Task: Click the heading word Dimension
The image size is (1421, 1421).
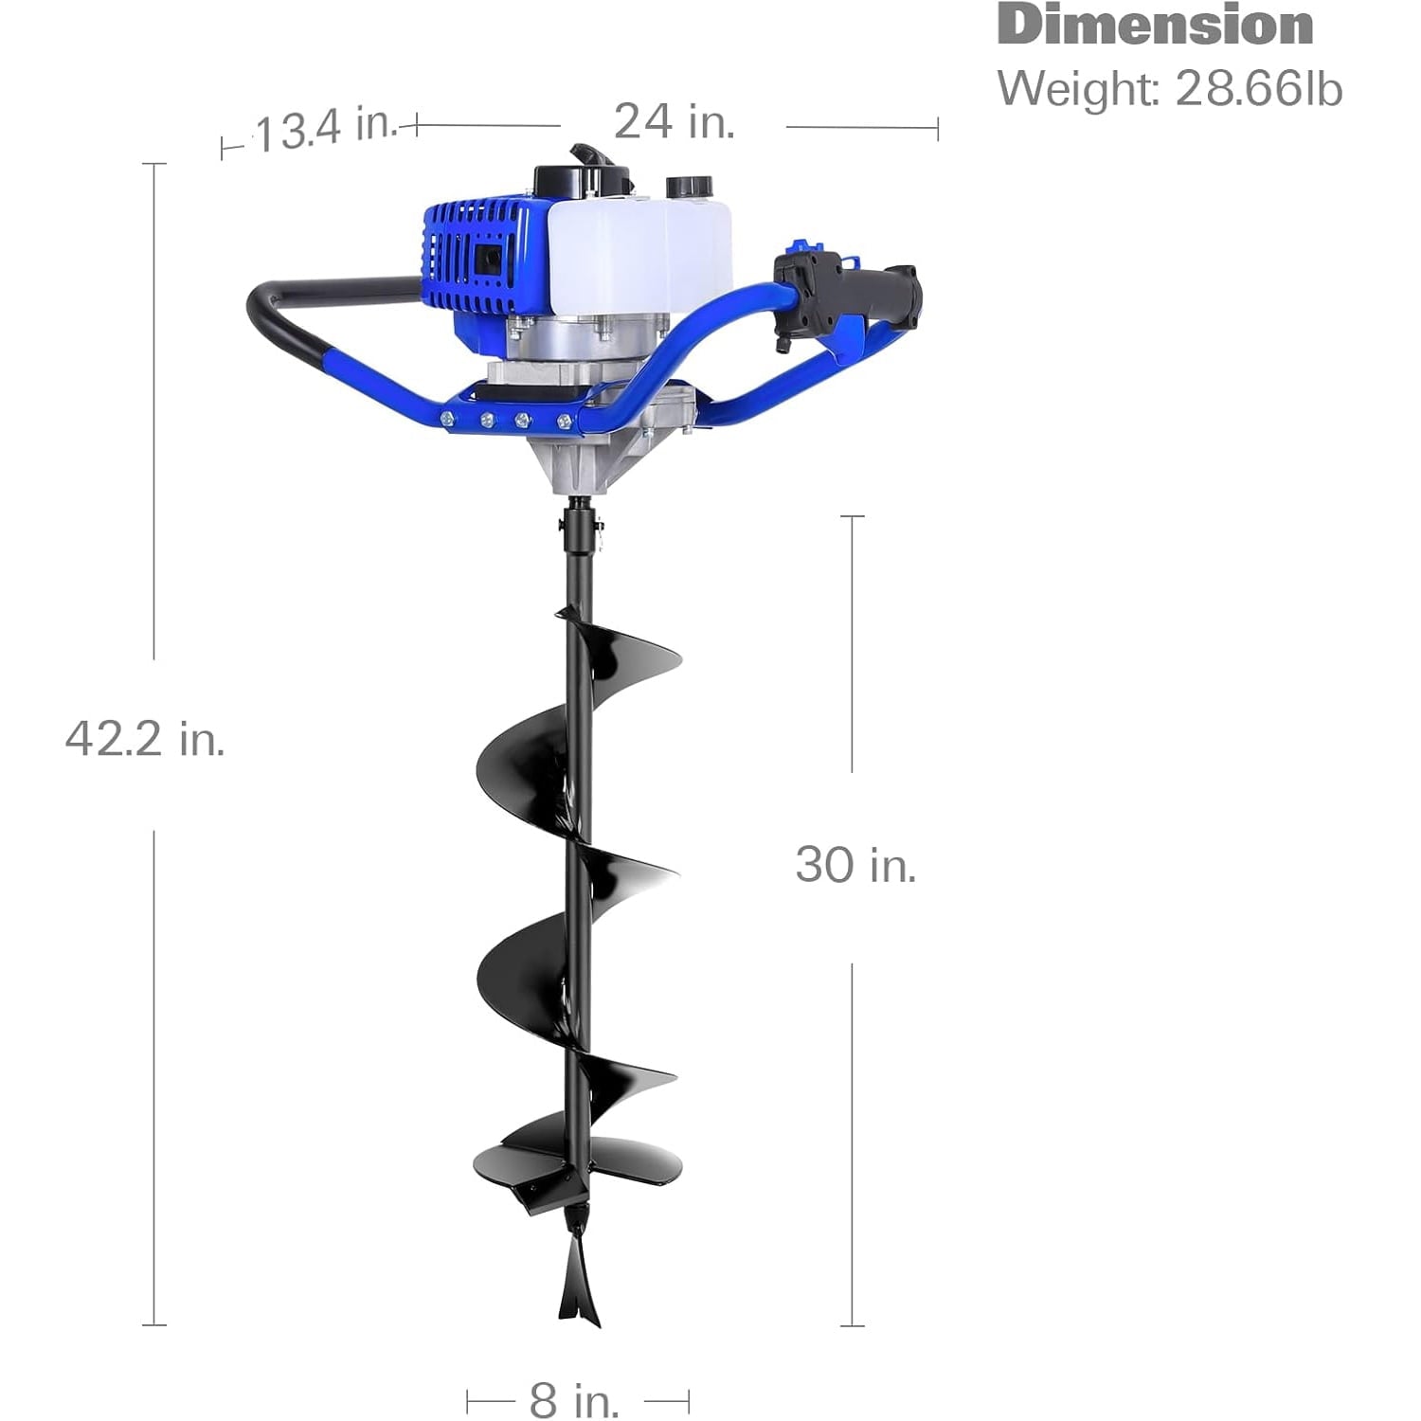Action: click(x=1155, y=25)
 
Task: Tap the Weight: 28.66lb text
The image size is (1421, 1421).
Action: click(x=1170, y=89)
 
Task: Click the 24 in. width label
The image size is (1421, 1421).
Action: click(x=675, y=121)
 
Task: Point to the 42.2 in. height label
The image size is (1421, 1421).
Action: click(x=145, y=738)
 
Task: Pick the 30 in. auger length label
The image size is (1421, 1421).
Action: click(x=855, y=865)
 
